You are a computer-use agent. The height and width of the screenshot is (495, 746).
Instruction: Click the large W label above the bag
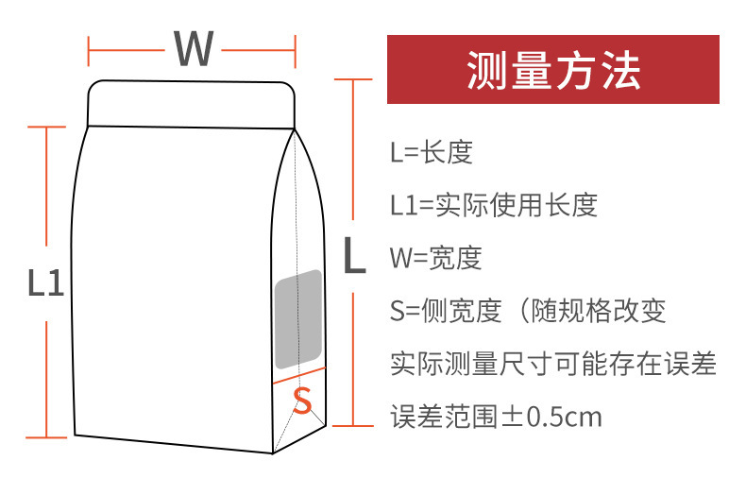[193, 48]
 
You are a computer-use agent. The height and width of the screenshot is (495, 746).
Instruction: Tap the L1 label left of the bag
[44, 283]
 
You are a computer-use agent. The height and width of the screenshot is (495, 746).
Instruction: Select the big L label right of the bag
[353, 256]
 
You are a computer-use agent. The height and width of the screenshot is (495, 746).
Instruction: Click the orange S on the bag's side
[302, 401]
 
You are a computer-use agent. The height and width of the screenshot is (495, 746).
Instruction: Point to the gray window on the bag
[298, 319]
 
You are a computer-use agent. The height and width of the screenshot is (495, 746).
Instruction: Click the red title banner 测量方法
[553, 70]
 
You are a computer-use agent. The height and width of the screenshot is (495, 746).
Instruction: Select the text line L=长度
[431, 152]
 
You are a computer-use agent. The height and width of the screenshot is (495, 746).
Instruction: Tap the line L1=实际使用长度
[493, 205]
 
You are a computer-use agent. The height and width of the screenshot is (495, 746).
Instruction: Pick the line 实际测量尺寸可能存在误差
[553, 363]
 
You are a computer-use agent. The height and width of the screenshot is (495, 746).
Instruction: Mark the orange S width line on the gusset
[298, 375]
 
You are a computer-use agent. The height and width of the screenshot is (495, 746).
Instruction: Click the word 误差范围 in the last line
[443, 416]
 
